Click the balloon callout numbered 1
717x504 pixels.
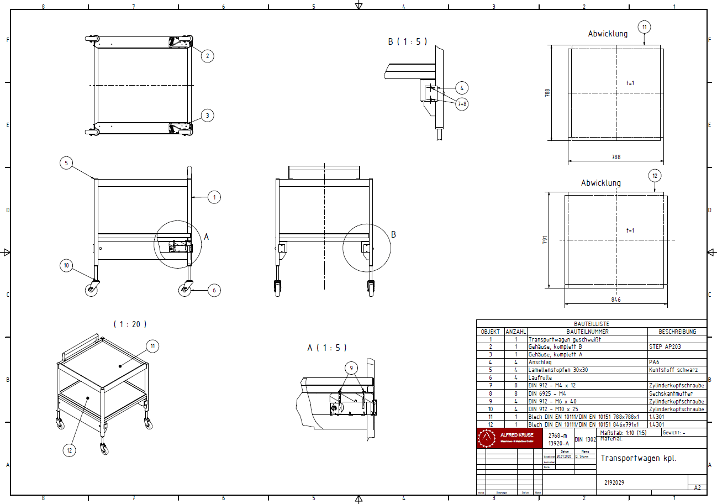pos(214,197)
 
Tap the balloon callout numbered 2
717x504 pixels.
pos(207,55)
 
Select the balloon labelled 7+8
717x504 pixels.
pos(462,104)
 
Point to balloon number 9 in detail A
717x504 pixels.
pos(351,368)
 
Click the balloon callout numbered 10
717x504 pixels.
pos(66,266)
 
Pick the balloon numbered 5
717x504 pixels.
pos(66,163)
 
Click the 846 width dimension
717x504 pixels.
pos(616,300)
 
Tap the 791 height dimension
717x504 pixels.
pos(545,240)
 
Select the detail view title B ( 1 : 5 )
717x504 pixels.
pos(407,41)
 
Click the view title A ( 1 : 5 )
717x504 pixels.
pos(327,348)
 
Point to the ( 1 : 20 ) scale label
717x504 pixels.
pos(130,324)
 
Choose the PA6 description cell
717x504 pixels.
pos(653,363)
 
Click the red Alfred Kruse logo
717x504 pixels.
pos(509,438)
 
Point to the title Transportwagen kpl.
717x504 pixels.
pos(638,458)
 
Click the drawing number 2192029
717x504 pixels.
pos(614,482)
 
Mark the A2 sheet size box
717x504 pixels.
pos(697,487)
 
